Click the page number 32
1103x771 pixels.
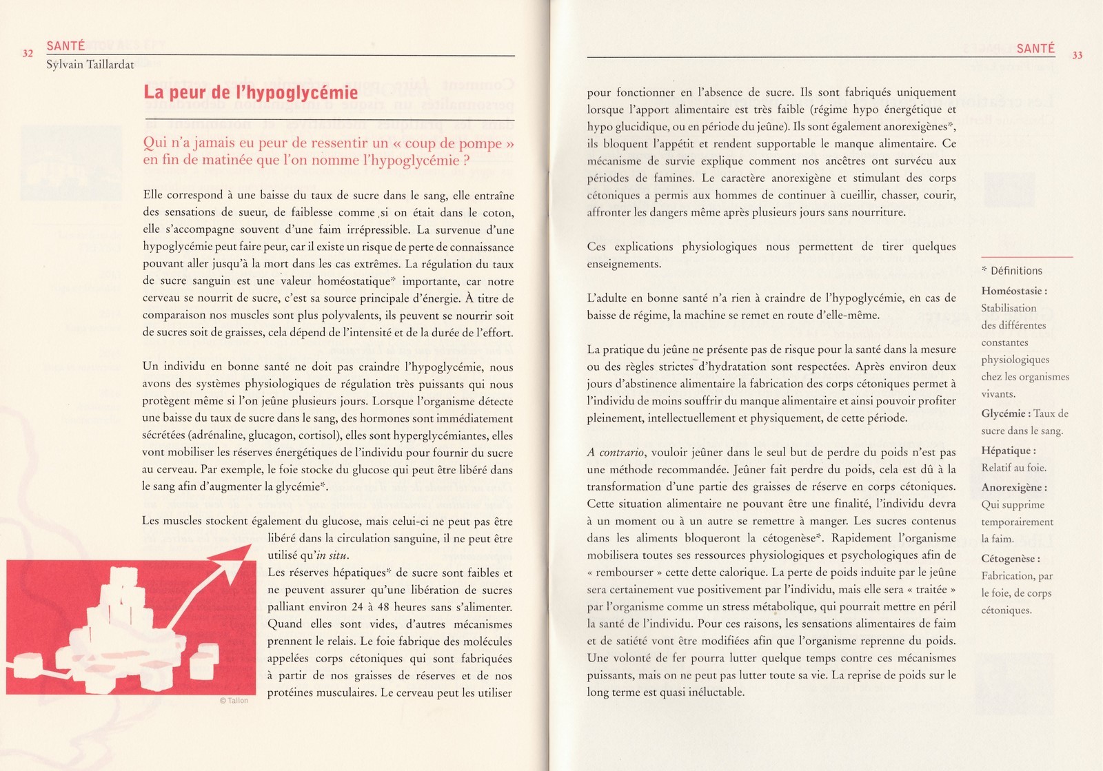point(28,53)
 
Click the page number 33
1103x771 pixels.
point(1077,55)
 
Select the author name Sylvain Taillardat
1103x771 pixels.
point(90,65)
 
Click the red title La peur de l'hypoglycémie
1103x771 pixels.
point(250,92)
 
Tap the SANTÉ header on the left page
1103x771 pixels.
point(65,46)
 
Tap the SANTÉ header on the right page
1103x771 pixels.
point(1035,48)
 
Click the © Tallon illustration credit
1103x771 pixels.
point(233,700)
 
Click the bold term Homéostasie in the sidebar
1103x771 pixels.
point(1013,291)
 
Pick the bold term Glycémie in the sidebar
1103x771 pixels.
point(1005,413)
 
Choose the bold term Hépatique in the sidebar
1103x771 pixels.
point(1008,451)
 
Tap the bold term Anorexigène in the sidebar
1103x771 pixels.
point(1013,487)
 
